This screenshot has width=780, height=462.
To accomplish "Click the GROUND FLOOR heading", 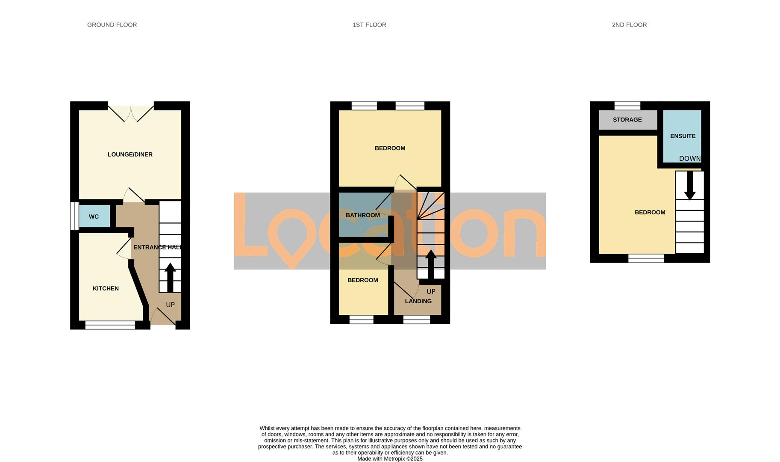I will pyautogui.click(x=112, y=25).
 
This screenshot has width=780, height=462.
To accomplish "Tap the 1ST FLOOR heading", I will pyautogui.click(x=369, y=25).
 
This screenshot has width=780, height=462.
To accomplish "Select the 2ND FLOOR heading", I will pyautogui.click(x=629, y=25).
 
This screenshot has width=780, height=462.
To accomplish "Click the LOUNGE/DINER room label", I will pyautogui.click(x=130, y=154).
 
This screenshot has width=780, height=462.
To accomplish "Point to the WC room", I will pyautogui.click(x=94, y=216).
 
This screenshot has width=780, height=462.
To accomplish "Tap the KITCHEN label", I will pyautogui.click(x=106, y=288).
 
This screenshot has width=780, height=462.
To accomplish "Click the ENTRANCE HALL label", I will pyautogui.click(x=157, y=247).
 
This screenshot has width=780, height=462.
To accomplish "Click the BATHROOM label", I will pyautogui.click(x=362, y=215).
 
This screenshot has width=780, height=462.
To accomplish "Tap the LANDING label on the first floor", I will pyautogui.click(x=418, y=301).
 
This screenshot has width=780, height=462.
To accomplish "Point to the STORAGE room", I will pyautogui.click(x=627, y=120).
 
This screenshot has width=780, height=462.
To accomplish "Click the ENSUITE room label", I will pyautogui.click(x=683, y=136).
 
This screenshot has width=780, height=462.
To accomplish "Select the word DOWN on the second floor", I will pyautogui.click(x=690, y=159).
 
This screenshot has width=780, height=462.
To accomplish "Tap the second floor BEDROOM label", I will pyautogui.click(x=650, y=212).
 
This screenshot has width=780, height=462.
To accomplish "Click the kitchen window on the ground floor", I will pyautogui.click(x=110, y=325).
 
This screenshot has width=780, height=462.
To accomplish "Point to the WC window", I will pyautogui.click(x=74, y=216).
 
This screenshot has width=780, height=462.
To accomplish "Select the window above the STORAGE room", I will pyautogui.click(x=627, y=106).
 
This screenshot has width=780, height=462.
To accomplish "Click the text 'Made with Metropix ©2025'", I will pyautogui.click(x=390, y=459).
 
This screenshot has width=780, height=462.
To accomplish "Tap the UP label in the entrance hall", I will pyautogui.click(x=170, y=305).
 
